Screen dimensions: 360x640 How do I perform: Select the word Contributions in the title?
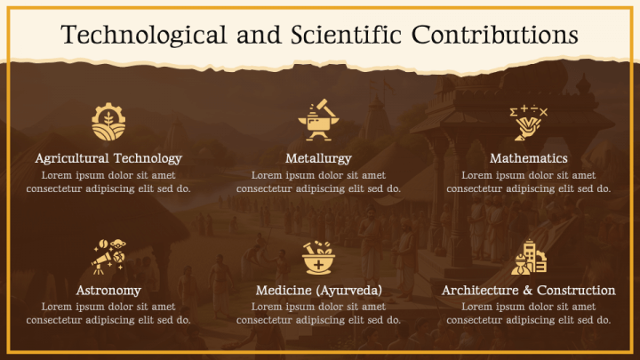click(495, 35)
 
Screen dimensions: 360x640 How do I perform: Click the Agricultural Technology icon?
click(108, 122)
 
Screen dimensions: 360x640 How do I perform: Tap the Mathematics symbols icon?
click(528, 122)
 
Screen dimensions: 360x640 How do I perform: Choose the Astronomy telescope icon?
click(108, 256)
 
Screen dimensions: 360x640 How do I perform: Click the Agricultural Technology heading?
click(108, 158)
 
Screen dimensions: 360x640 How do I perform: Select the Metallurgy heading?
click(318, 158)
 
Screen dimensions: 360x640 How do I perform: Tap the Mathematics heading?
click(528, 158)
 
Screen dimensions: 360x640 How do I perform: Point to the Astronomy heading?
click(108, 291)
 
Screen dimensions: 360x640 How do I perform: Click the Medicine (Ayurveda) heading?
click(318, 291)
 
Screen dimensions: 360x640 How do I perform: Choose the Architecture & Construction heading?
click(528, 291)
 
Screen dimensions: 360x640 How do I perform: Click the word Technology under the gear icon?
click(148, 158)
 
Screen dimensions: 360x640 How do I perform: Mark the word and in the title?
click(260, 35)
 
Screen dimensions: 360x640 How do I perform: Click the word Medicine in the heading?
click(284, 291)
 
